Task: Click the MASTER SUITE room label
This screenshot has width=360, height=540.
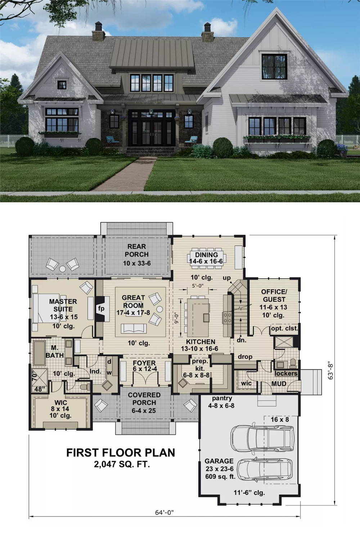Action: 63,305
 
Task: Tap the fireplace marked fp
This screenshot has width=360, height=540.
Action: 101,309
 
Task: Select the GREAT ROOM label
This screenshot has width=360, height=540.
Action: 133,301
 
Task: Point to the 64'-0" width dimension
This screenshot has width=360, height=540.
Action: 165,513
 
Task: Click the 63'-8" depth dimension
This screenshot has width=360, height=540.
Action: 330,372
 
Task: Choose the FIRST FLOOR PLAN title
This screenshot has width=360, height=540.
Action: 121,453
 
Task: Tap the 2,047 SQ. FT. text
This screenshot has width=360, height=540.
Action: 122,464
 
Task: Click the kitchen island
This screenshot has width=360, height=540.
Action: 198,317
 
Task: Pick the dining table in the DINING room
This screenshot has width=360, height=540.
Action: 206,258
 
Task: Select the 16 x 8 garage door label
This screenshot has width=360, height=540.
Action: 280,420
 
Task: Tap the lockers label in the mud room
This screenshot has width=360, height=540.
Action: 286,373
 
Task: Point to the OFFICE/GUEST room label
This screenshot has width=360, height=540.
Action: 274,296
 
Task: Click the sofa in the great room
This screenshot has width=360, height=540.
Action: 134,329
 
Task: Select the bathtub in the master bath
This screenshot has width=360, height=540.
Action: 40,353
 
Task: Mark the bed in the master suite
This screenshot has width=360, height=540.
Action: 46,308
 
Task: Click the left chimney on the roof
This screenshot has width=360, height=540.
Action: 98,31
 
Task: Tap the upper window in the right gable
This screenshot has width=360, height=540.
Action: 274,67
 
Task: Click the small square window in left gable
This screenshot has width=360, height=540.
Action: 62,85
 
